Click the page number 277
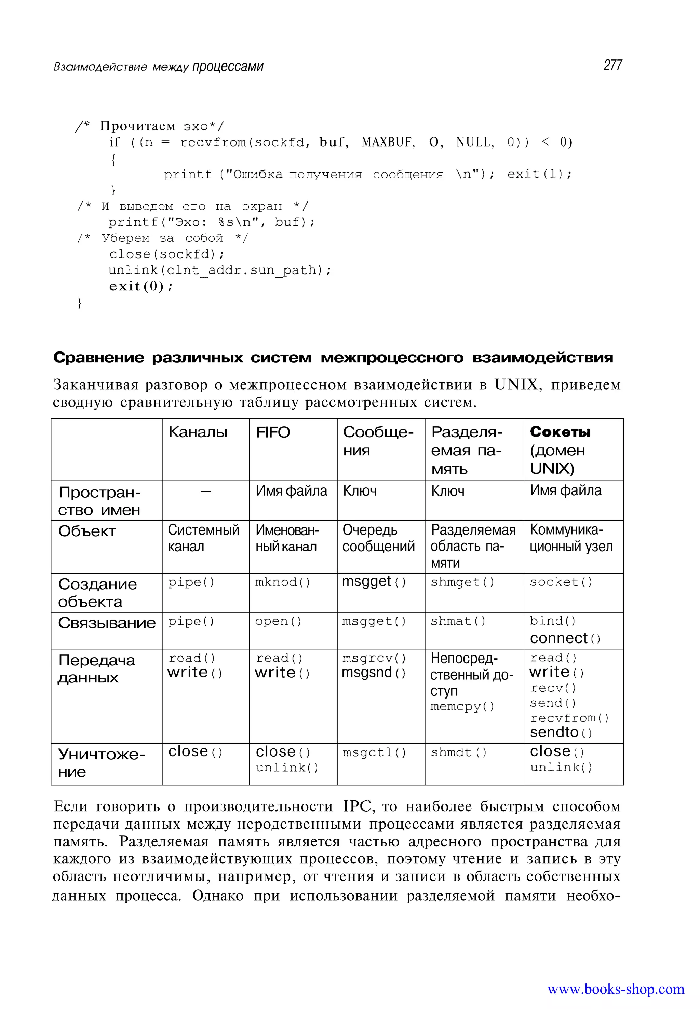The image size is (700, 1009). (613, 65)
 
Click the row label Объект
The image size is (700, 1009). (87, 531)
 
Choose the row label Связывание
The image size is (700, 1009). (107, 623)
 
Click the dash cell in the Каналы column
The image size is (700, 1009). (206, 492)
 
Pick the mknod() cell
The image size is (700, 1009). (283, 582)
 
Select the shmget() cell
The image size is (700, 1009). (462, 582)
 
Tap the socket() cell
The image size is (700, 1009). (561, 582)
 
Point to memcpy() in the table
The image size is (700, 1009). (462, 707)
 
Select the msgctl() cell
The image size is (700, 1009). (374, 752)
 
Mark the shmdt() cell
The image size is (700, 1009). (458, 752)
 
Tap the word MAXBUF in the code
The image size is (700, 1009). (388, 142)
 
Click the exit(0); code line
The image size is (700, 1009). (141, 286)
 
